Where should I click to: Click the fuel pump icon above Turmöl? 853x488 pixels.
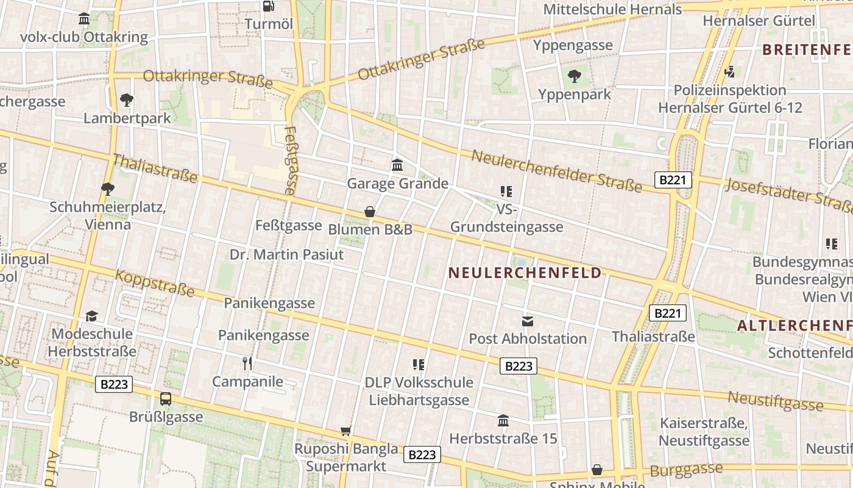tap(268, 6)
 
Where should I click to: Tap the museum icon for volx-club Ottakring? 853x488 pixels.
tap(84, 19)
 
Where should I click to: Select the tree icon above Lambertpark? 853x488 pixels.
tap(127, 99)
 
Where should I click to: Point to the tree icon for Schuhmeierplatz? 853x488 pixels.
tap(108, 189)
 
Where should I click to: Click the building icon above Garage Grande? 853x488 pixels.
tap(397, 165)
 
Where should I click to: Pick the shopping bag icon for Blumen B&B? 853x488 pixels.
tap(369, 212)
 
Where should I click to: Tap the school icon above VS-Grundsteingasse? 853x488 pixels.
tap(506, 192)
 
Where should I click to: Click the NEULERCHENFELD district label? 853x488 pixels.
tap(525, 273)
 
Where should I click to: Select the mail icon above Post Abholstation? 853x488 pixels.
tap(528, 321)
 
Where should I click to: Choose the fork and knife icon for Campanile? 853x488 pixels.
tap(247, 364)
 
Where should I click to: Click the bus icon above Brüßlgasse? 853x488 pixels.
tap(166, 399)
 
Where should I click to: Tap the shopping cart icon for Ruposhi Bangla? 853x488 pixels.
tap(345, 431)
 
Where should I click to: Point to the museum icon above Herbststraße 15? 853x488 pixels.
tap(503, 420)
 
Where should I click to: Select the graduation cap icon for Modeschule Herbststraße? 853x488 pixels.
tap(91, 316)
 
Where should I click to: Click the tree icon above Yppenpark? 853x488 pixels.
tap(574, 76)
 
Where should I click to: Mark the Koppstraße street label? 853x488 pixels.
tap(155, 284)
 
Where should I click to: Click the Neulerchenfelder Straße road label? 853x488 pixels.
tap(556, 171)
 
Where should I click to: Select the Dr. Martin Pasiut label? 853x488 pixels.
tap(286, 254)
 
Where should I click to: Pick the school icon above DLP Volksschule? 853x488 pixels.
tap(419, 365)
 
